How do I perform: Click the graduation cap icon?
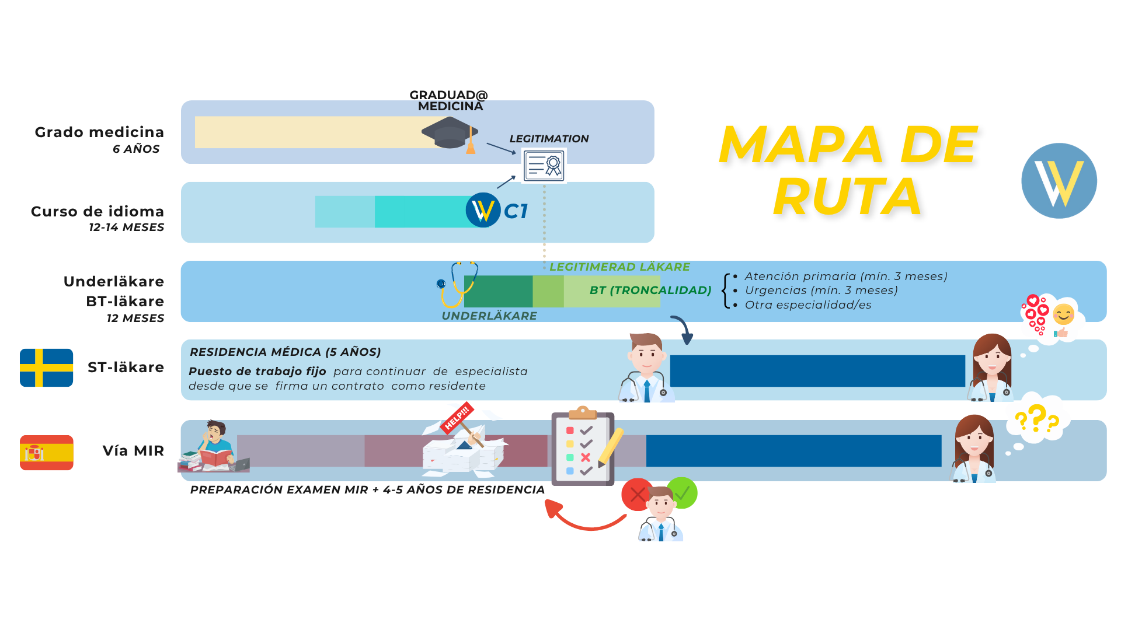[450, 134]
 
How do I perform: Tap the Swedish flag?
[46, 367]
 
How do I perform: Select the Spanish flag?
[46, 452]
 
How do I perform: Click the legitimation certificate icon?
[544, 166]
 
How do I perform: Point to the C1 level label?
[516, 211]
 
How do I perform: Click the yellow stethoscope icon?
[457, 284]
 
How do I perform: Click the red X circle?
[637, 494]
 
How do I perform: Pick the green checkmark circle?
[683, 493]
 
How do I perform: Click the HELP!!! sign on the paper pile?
[457, 417]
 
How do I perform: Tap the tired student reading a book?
[213, 447]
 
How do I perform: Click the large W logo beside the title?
[1059, 181]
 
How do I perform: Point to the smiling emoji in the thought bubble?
[1063, 315]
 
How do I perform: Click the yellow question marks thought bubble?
[1037, 419]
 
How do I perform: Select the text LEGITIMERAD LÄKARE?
[619, 267]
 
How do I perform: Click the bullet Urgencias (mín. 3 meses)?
[821, 290]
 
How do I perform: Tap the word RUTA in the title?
[848, 197]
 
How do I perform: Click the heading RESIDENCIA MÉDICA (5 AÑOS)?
[285, 352]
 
